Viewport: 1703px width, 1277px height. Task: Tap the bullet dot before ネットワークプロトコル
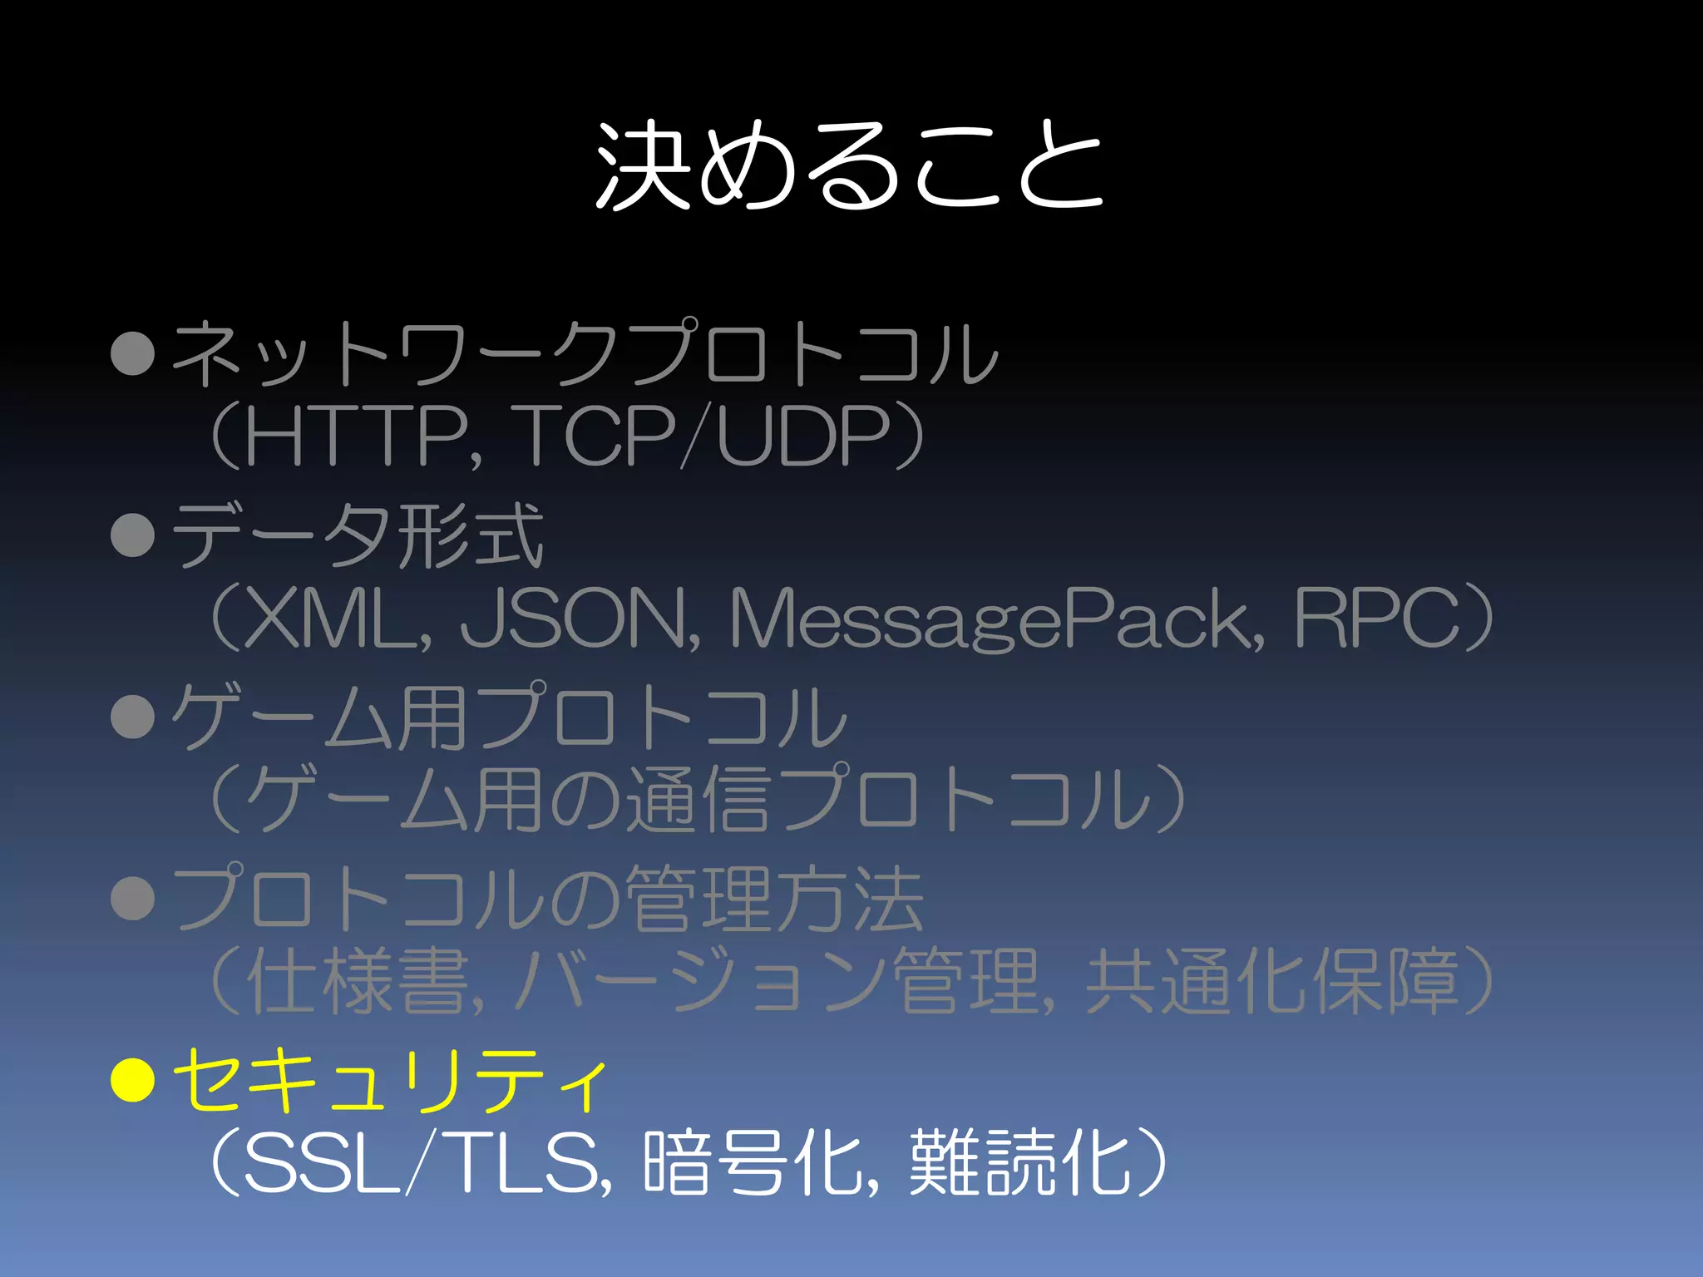(x=133, y=353)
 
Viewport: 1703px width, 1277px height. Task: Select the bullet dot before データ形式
(x=133, y=534)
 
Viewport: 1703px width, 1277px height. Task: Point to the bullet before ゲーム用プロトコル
(x=133, y=716)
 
